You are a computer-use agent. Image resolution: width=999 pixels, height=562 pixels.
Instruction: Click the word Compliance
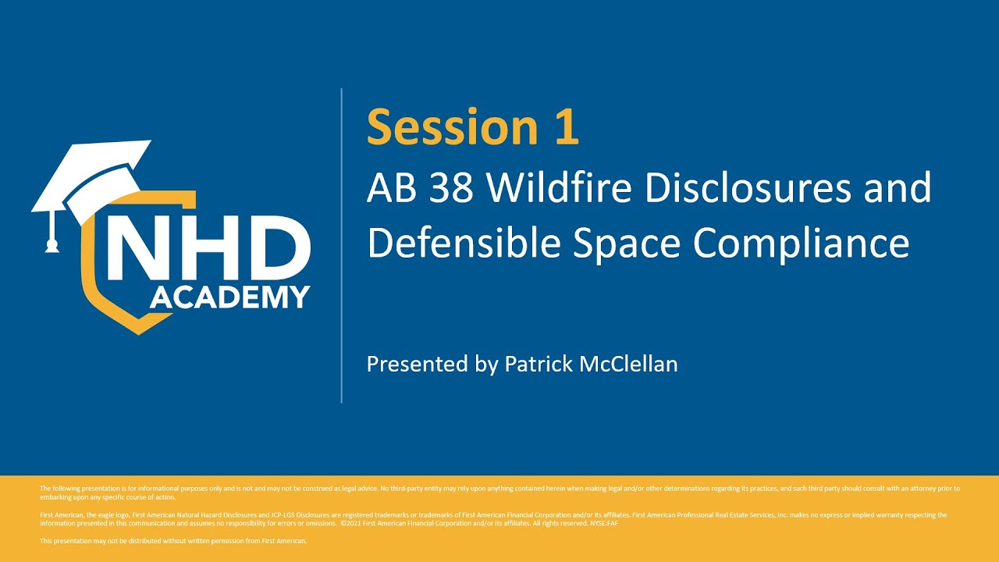tap(802, 244)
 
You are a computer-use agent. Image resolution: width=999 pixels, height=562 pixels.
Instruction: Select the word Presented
tap(418, 364)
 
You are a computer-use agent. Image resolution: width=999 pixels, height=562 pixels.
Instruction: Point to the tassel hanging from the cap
tap(52, 235)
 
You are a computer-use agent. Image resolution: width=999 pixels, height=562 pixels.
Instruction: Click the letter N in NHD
tap(133, 248)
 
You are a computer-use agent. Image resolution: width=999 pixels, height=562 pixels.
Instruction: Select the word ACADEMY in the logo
tap(229, 297)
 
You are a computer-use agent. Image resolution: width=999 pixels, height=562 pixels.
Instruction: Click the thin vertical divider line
tap(342, 246)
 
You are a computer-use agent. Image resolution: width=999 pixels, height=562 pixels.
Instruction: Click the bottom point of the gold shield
tap(139, 333)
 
